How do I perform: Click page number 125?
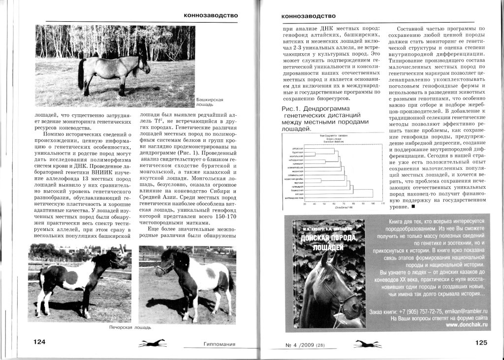coord(484,343)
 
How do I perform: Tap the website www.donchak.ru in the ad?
coord(467,325)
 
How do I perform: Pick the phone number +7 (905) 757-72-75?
coord(413,312)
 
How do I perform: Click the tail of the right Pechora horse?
coord(230,281)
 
